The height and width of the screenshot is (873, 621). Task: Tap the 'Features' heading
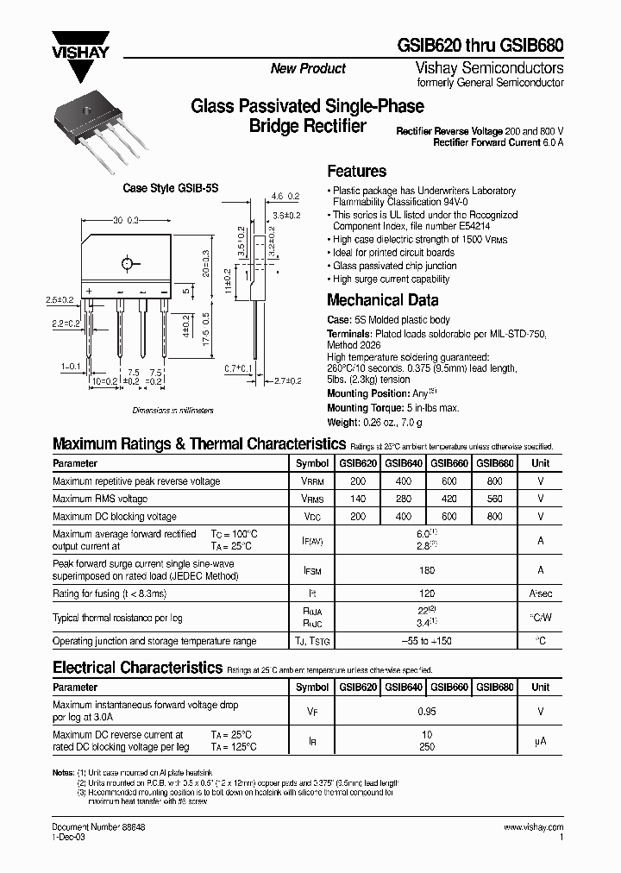click(x=356, y=172)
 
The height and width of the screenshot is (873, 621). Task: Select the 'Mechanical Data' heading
click(x=382, y=300)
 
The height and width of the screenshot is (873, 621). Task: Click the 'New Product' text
click(x=308, y=69)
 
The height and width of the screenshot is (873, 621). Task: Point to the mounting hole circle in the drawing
click(x=128, y=263)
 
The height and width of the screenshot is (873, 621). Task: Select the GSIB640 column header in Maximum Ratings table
click(x=403, y=463)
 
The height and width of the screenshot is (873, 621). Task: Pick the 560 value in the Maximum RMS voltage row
click(x=494, y=499)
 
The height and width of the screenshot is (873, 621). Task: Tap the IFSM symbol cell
click(x=311, y=570)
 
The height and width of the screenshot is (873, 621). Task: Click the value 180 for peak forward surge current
click(x=425, y=570)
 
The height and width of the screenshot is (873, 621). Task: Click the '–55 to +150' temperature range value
click(x=425, y=642)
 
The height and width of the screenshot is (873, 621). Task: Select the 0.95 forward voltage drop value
click(x=425, y=713)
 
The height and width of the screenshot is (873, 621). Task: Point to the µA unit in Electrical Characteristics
click(x=540, y=740)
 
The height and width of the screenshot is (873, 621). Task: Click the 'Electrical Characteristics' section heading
click(x=137, y=668)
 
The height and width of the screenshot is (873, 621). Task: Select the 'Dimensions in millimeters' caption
click(x=172, y=411)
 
